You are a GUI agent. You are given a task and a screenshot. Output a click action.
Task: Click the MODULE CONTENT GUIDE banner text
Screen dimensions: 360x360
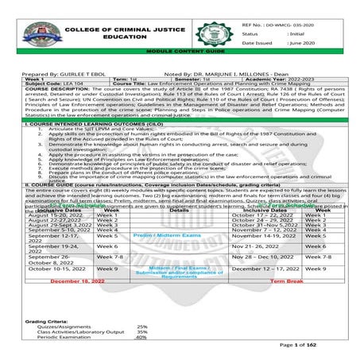tap(180, 60)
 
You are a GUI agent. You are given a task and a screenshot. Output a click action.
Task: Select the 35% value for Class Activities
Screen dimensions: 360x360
tap(141, 331)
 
